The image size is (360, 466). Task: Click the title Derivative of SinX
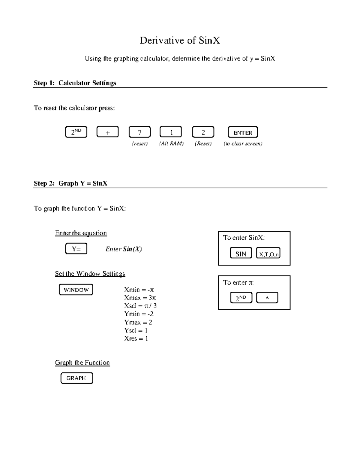click(x=180, y=41)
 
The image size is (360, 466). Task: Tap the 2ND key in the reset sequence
click(x=76, y=132)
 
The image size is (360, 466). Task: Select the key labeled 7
click(x=139, y=132)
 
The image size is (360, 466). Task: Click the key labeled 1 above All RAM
click(x=171, y=132)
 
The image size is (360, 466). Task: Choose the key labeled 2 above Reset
click(x=203, y=132)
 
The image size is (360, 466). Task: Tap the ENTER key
click(x=243, y=132)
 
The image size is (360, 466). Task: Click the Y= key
click(x=76, y=249)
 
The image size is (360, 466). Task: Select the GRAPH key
click(x=76, y=378)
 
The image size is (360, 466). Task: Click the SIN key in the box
click(x=241, y=254)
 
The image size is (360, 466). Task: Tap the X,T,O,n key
click(x=268, y=254)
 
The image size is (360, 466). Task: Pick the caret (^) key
click(x=267, y=298)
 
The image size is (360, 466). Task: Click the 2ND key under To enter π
click(x=241, y=298)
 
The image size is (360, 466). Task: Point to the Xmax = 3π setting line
click(x=140, y=298)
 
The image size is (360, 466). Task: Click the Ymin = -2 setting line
click(x=139, y=314)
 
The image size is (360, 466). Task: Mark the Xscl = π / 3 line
click(x=140, y=306)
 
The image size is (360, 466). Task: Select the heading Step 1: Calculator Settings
click(x=75, y=83)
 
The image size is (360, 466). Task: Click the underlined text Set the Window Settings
click(x=90, y=274)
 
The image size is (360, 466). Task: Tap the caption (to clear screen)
click(x=243, y=144)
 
